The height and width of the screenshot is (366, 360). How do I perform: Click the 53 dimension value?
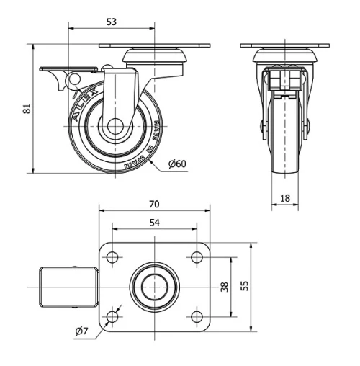111,22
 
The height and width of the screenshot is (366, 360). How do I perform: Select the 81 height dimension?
27,109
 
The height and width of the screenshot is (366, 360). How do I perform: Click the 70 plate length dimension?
154,203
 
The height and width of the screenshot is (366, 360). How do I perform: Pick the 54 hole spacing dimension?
154,223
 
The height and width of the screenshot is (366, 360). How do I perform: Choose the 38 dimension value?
224,286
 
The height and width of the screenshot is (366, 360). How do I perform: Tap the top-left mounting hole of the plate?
112,256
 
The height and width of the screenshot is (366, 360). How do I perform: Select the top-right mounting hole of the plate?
196,256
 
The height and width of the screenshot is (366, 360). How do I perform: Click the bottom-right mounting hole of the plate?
196,316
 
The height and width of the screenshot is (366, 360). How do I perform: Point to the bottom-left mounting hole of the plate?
112,316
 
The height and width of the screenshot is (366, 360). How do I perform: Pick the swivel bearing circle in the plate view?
154,286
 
